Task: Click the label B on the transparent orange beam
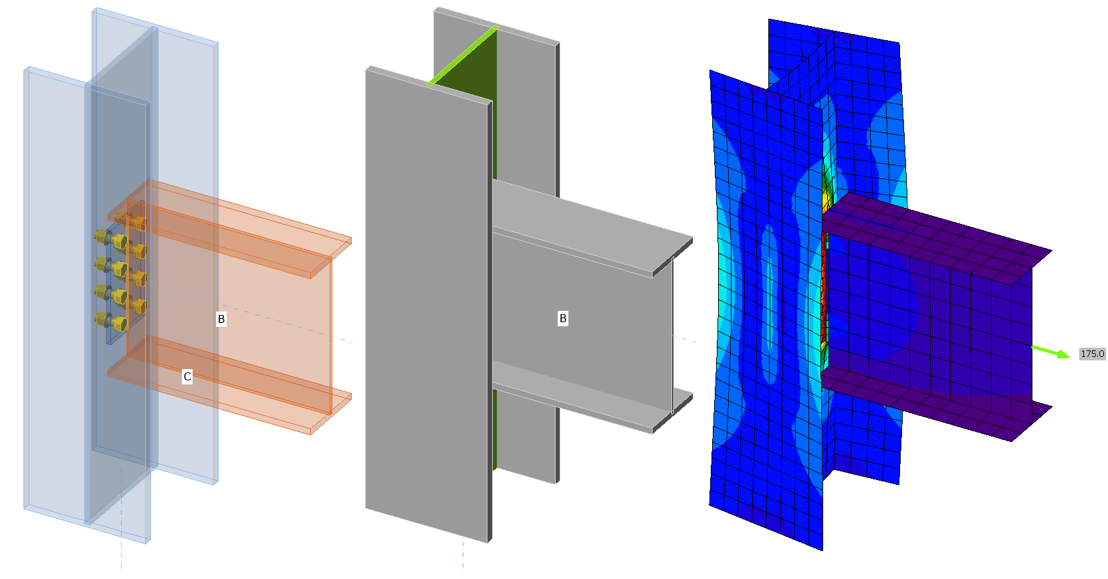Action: pyautogui.click(x=221, y=320)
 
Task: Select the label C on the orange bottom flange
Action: pyautogui.click(x=187, y=377)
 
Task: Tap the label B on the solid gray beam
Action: pyautogui.click(x=562, y=318)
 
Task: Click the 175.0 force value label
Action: pyautogui.click(x=1092, y=354)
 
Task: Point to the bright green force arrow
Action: pyautogui.click(x=1050, y=352)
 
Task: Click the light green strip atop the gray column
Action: pyautogui.click(x=463, y=55)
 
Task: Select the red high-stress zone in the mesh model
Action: pyautogui.click(x=824, y=292)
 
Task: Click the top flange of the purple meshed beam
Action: pyautogui.click(x=935, y=233)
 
